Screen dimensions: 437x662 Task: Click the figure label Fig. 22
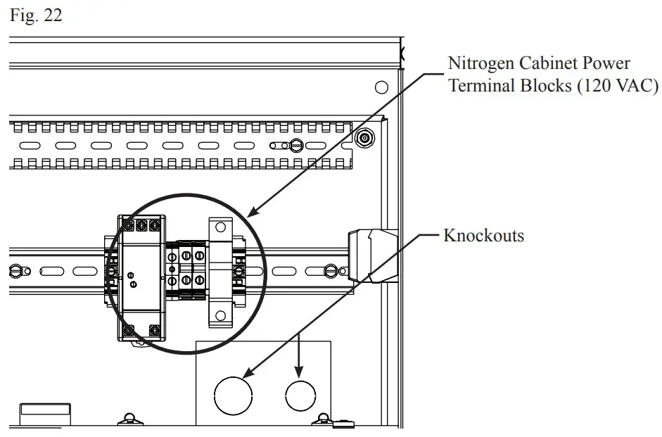coord(36,15)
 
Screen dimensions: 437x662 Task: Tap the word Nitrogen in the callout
coord(481,63)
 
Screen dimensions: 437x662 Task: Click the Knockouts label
coord(483,235)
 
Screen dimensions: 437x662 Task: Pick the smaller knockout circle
coord(300,396)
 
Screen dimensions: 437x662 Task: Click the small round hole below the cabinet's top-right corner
coord(381,87)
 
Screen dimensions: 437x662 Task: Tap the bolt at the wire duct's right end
coord(364,138)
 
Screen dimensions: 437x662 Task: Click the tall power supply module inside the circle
coord(139,279)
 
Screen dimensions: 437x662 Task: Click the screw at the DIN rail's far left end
coord(15,270)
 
